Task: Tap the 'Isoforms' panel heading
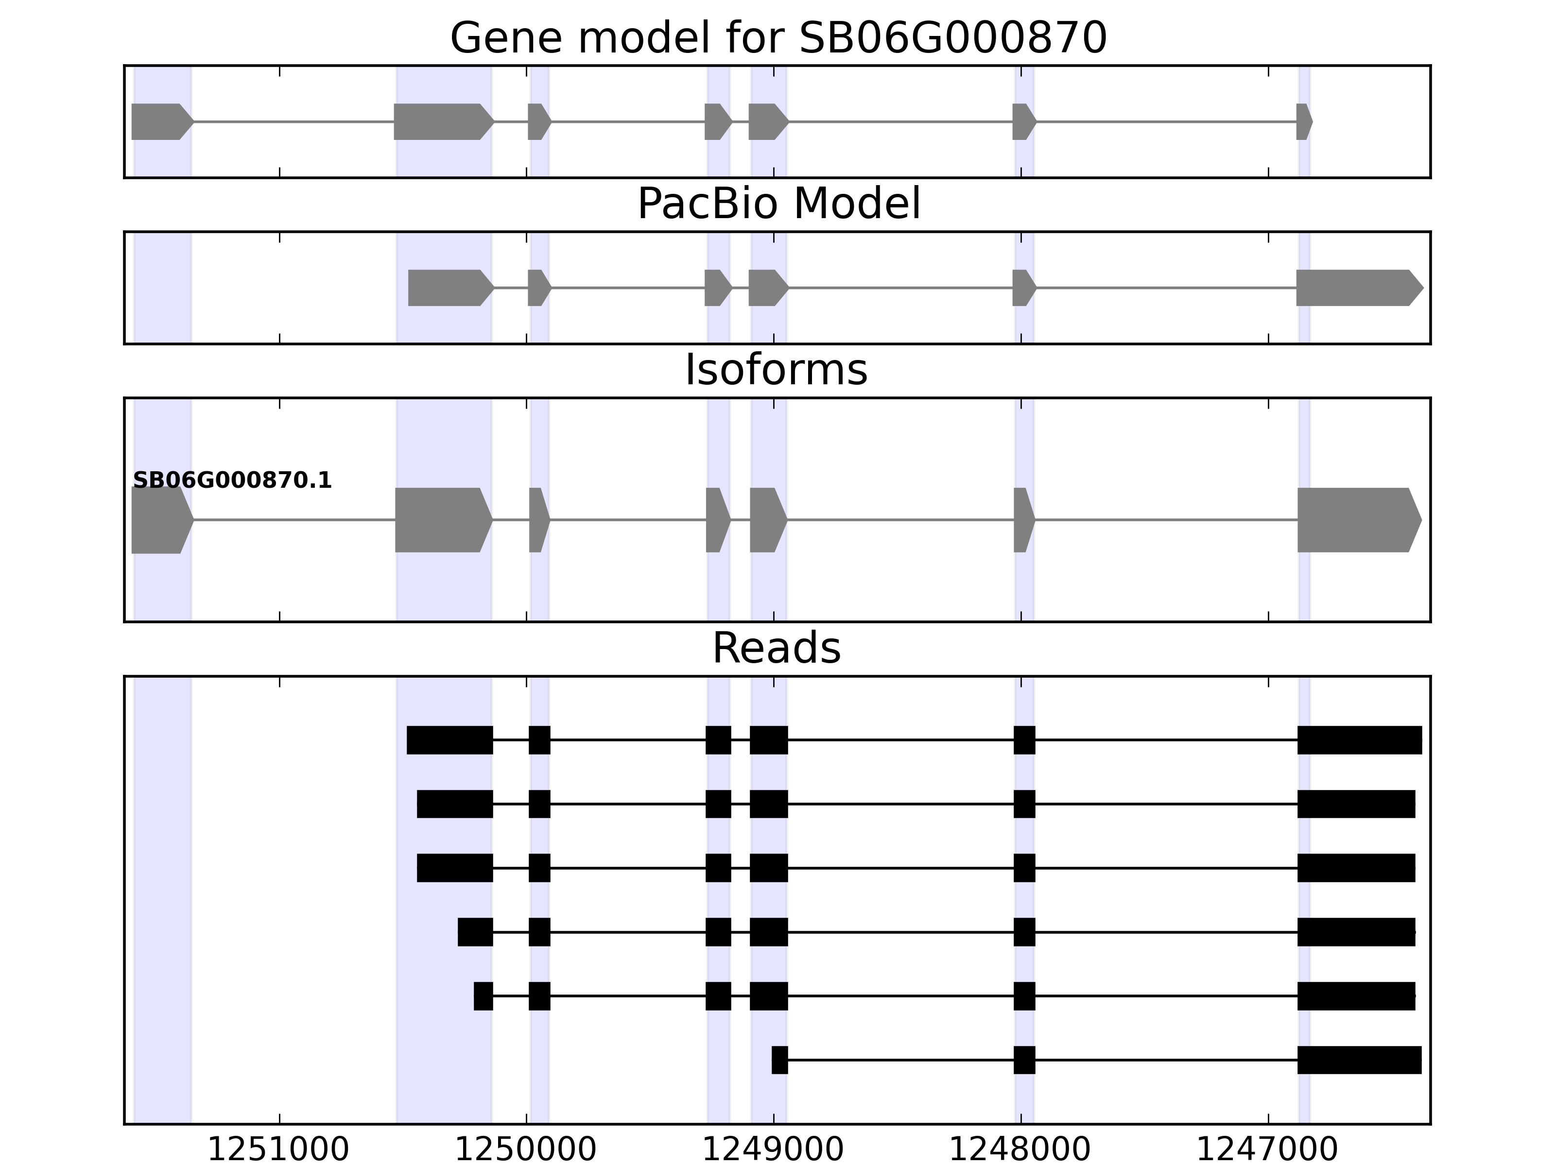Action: point(776,370)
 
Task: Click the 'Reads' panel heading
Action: point(776,648)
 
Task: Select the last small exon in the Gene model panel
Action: point(1303,121)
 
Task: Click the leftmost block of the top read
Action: point(449,740)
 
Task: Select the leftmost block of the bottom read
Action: point(779,1061)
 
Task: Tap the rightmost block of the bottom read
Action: point(1358,1061)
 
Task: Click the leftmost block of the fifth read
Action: point(483,996)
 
